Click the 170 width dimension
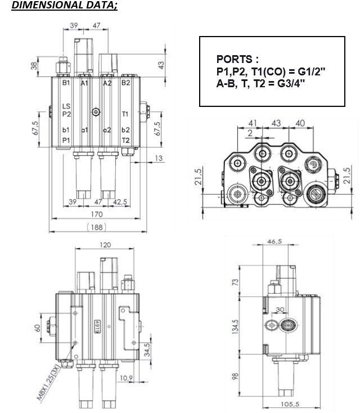point(97,214)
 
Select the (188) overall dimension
point(97,227)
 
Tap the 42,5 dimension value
point(120,202)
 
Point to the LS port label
point(66,106)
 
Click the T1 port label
point(125,114)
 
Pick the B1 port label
point(66,83)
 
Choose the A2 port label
point(107,83)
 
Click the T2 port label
point(126,141)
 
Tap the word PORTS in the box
point(235,59)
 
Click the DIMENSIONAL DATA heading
point(65,5)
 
